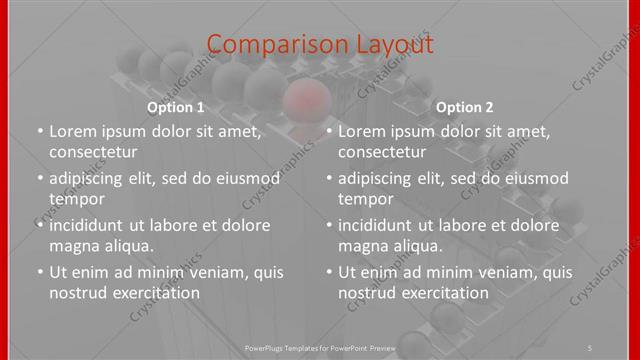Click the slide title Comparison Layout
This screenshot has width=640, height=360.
pyautogui.click(x=320, y=44)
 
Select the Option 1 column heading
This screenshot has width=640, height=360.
pyautogui.click(x=176, y=107)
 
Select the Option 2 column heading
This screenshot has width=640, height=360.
pyautogui.click(x=465, y=107)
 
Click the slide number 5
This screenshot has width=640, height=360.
pyautogui.click(x=591, y=346)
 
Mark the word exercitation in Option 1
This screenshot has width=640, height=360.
pyautogui.click(x=156, y=293)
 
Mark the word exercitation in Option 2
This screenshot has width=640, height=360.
pyautogui.click(x=445, y=293)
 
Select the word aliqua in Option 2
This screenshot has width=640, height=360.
pyautogui.click(x=417, y=245)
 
